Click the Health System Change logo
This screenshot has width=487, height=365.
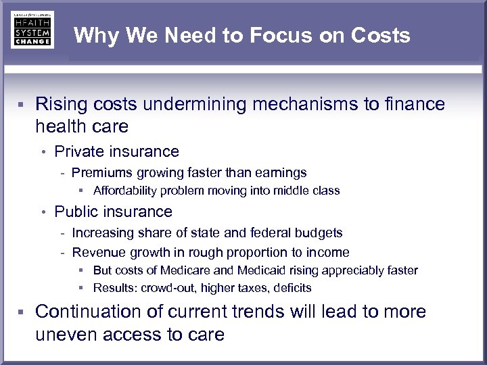point(32,30)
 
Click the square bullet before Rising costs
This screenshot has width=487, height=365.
point(22,105)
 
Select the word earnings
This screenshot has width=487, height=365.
point(280,172)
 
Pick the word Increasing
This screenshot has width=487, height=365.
point(102,233)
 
